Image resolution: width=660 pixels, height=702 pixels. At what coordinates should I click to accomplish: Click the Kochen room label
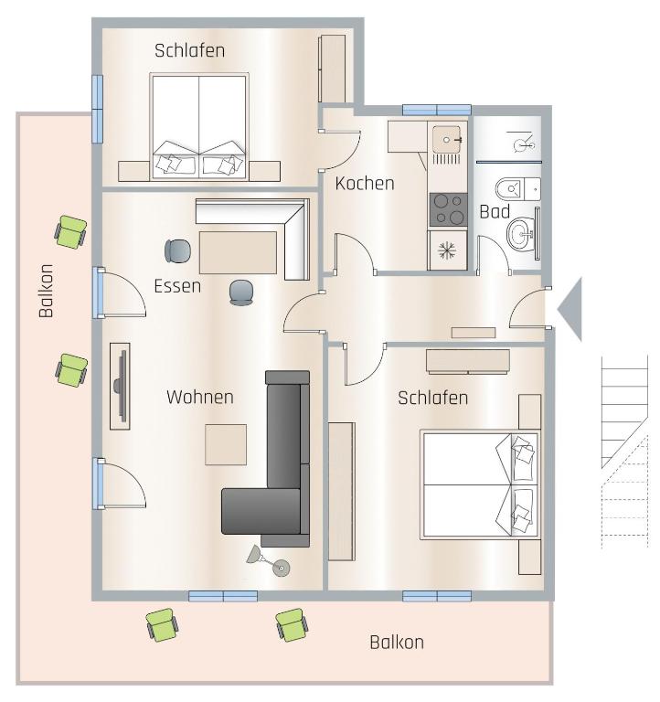365,184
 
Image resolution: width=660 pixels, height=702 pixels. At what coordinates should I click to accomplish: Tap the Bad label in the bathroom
495,211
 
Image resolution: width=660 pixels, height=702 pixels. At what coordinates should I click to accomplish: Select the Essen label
177,286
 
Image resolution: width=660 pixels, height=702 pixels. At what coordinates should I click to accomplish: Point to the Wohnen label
199,397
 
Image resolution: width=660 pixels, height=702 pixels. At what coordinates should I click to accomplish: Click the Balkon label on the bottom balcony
397,643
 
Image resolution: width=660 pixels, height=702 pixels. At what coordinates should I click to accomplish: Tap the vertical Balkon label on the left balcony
46,291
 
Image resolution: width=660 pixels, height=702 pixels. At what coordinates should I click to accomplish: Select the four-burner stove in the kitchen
448,209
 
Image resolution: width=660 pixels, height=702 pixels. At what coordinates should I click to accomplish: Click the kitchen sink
446,140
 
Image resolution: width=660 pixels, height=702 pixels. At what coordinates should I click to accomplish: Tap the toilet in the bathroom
517,189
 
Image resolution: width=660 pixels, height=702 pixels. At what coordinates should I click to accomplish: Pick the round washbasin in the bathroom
520,233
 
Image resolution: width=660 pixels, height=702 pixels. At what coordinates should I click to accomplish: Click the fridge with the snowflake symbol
447,250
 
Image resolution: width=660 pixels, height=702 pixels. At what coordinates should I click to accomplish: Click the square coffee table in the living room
226,444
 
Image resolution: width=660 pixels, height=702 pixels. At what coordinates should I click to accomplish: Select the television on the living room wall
121,386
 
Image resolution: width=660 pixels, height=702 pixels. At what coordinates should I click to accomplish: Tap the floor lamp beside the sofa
269,561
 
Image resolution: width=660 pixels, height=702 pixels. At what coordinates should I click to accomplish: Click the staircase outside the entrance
624,452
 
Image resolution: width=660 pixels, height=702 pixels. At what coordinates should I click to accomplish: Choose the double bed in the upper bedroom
199,126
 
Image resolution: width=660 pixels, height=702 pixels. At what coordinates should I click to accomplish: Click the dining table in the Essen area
238,252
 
